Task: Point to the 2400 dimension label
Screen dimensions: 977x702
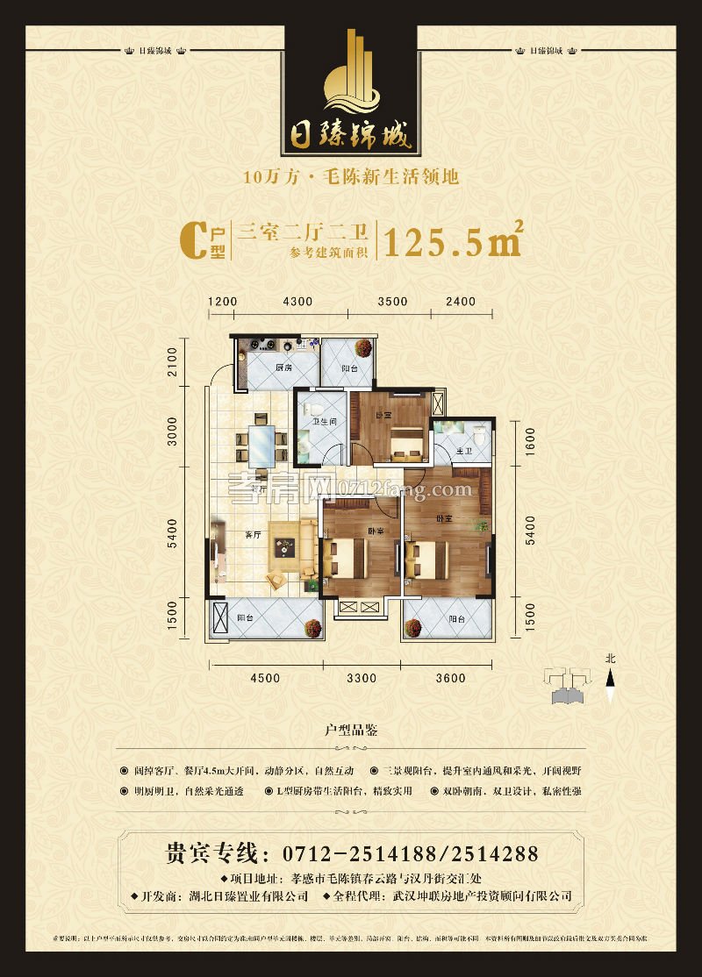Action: pyautogui.click(x=460, y=302)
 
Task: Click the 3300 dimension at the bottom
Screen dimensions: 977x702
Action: pyautogui.click(x=360, y=677)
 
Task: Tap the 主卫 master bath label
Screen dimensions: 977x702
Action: pyautogui.click(x=464, y=451)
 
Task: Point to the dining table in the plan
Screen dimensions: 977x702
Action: pyautogui.click(x=261, y=446)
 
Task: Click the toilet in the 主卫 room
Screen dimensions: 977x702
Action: pyautogui.click(x=478, y=433)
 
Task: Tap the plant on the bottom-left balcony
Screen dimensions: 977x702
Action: pyautogui.click(x=311, y=628)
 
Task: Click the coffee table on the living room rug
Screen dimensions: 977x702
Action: pyautogui.click(x=286, y=546)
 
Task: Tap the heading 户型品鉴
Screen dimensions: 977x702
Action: pyautogui.click(x=351, y=731)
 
